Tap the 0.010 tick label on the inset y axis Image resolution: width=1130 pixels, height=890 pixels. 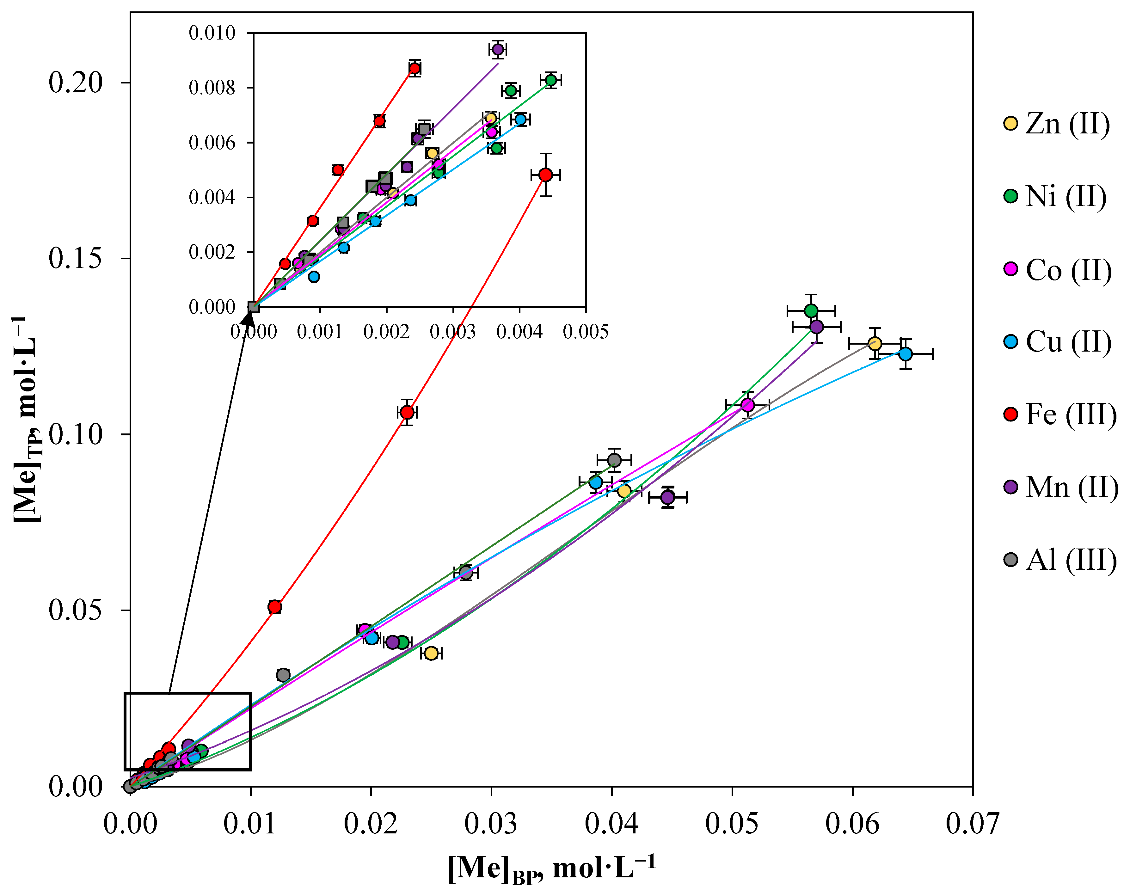coord(212,33)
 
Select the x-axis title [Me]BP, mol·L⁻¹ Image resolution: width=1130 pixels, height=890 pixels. coord(551,869)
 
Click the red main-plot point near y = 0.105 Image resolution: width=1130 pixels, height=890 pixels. coord(408,413)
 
